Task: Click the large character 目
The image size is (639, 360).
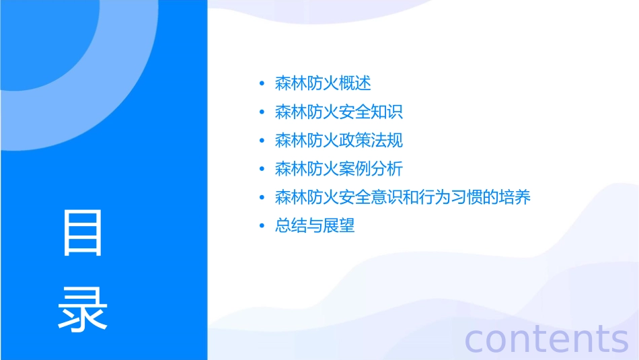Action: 83,233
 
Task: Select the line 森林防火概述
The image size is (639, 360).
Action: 323,83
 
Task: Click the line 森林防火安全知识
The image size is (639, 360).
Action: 339,112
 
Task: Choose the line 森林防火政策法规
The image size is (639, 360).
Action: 339,141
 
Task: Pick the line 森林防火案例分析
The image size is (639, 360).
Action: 339,169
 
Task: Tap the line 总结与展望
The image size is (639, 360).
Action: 315,225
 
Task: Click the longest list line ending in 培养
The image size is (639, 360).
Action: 403,197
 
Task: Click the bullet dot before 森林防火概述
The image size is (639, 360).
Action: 262,84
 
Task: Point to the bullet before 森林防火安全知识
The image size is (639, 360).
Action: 262,112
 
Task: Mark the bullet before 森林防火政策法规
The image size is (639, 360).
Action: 262,141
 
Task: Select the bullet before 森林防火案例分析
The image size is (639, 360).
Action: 262,170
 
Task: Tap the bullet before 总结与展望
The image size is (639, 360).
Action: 262,226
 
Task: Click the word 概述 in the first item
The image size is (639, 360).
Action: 355,83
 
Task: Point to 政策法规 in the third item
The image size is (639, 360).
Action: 371,141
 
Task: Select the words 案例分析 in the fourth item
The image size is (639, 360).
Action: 371,169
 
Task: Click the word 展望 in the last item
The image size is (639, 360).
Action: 339,225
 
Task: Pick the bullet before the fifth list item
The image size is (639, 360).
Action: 262,198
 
